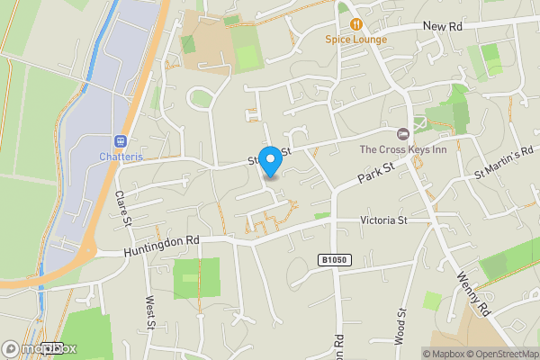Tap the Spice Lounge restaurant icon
coord(356,24)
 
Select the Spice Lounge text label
coord(356,40)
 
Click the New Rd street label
coord(442,27)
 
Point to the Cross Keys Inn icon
coord(403,133)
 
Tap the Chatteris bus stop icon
coord(119,140)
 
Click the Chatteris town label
coord(119,156)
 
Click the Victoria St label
coord(384,220)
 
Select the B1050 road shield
coord(333,260)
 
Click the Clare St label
coord(124,209)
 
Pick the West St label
coord(150,312)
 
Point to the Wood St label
coord(400,327)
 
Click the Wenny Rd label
coord(472,294)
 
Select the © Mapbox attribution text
coord(445,354)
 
